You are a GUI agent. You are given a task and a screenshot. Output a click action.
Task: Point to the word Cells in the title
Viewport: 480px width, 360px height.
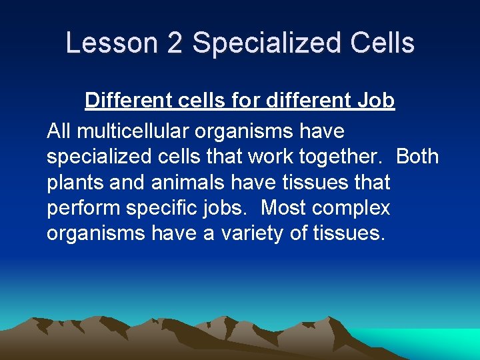coord(382,43)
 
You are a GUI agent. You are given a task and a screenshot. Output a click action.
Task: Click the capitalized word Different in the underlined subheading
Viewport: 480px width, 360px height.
coord(128,101)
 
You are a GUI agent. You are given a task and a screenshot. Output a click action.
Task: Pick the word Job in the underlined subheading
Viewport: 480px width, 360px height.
coord(376,101)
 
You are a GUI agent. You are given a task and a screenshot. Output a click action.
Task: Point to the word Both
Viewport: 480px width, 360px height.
coord(417,157)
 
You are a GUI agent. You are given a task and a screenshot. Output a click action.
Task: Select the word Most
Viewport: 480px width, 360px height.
coord(283,209)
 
